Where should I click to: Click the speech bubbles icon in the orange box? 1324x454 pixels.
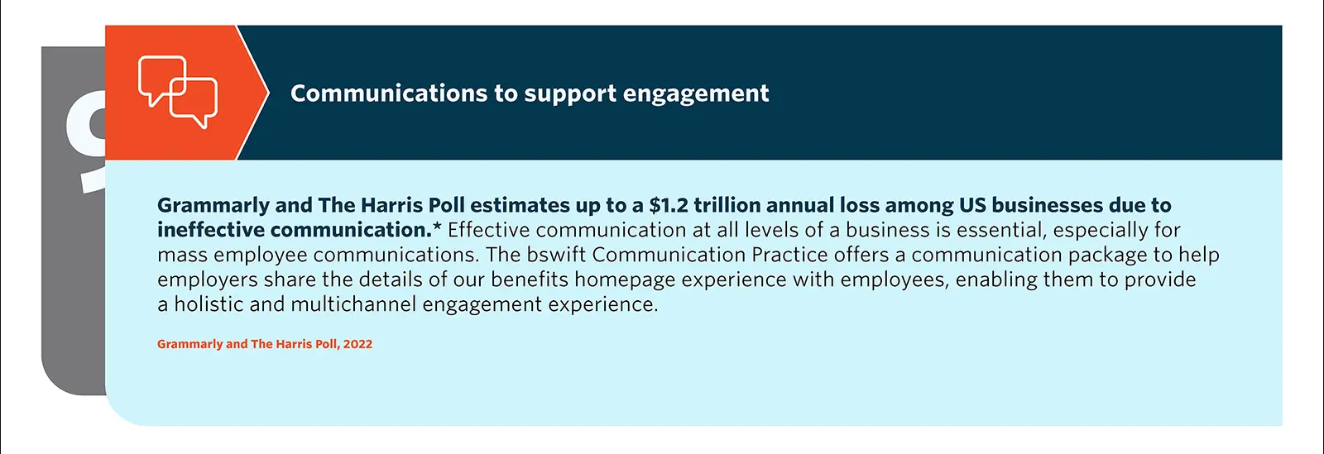pos(178,92)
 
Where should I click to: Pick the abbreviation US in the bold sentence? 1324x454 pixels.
pos(972,205)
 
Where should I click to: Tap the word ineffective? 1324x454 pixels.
pos(211,230)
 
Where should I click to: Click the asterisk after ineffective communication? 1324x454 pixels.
pos(437,227)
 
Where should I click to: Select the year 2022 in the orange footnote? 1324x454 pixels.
pos(357,344)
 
